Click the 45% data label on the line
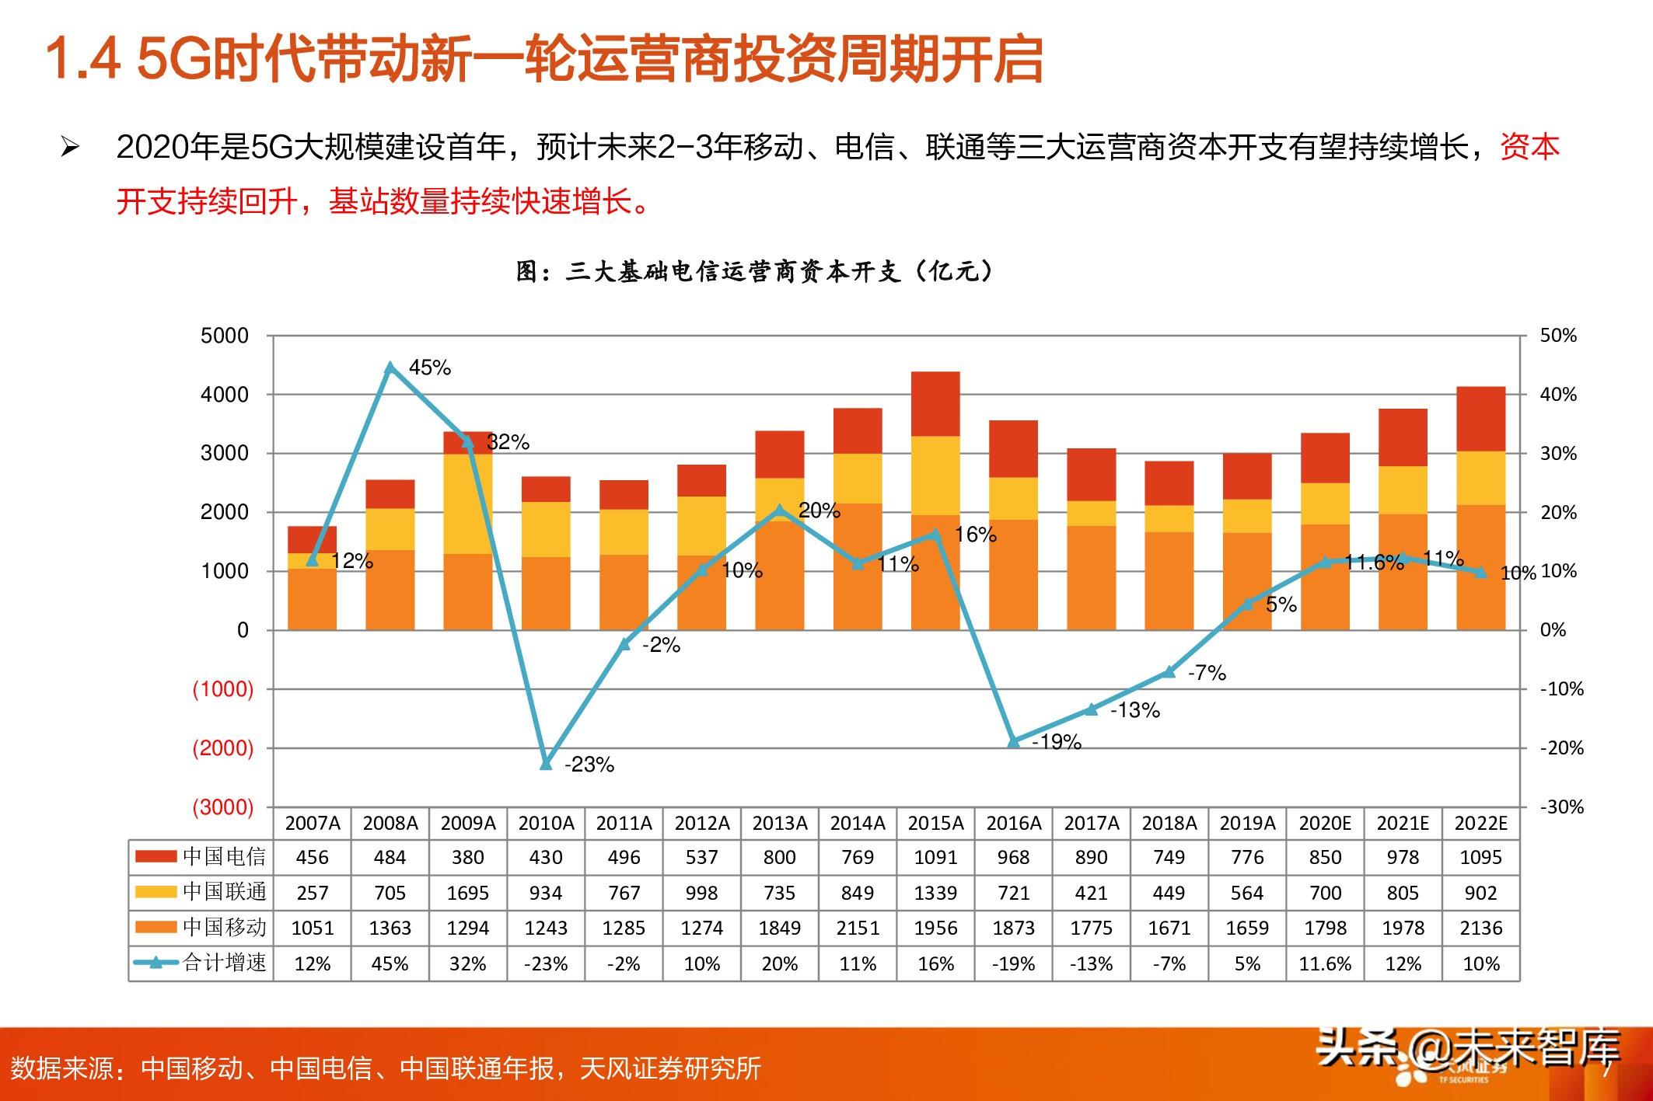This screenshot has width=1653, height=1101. (429, 368)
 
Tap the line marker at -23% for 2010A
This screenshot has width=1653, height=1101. (546, 764)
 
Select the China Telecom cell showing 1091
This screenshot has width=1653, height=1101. (935, 857)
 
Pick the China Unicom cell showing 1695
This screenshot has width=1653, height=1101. (467, 893)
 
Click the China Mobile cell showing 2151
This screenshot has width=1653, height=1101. (858, 928)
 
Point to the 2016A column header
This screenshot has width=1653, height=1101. (1013, 823)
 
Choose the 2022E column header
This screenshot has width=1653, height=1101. (1480, 823)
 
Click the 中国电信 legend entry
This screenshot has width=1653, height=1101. (201, 856)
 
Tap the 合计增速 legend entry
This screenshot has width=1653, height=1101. (201, 963)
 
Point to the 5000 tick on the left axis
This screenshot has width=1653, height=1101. (225, 336)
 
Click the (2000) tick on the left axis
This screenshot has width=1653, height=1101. (223, 748)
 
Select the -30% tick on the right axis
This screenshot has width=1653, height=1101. (1561, 807)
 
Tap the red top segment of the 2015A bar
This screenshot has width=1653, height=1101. (935, 404)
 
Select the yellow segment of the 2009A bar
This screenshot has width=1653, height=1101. (467, 503)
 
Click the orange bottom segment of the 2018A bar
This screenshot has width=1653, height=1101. (1169, 580)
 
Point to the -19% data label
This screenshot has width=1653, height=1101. (1057, 742)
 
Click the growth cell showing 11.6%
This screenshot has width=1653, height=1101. (1325, 963)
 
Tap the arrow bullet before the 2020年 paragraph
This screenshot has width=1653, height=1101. (70, 147)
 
